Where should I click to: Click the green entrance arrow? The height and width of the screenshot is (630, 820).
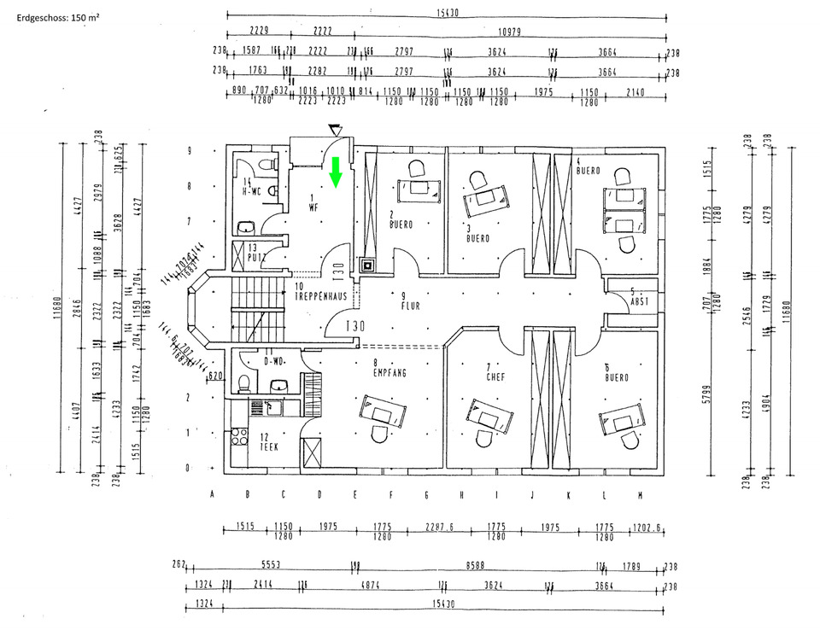pyautogui.click(x=336, y=171)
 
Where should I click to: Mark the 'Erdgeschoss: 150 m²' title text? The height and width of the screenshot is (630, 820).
pyautogui.click(x=58, y=17)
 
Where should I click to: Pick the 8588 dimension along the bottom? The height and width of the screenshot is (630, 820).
pyautogui.click(x=468, y=565)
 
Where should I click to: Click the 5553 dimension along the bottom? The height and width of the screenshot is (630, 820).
pyautogui.click(x=271, y=565)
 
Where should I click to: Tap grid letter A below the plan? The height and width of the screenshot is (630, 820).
pyautogui.click(x=212, y=493)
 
